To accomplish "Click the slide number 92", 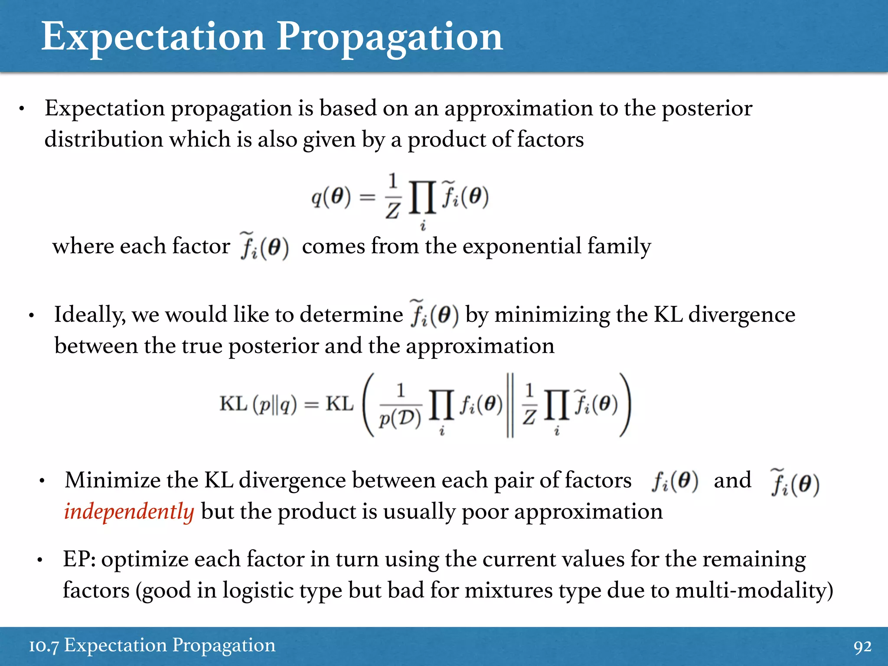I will (862, 646).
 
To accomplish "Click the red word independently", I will (129, 512).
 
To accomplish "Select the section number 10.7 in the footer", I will (43, 646).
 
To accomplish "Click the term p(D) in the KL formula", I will (400, 418).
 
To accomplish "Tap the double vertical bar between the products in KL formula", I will (510, 405).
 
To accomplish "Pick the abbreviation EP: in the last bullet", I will (79, 559).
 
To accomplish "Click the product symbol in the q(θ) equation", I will (422, 198).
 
